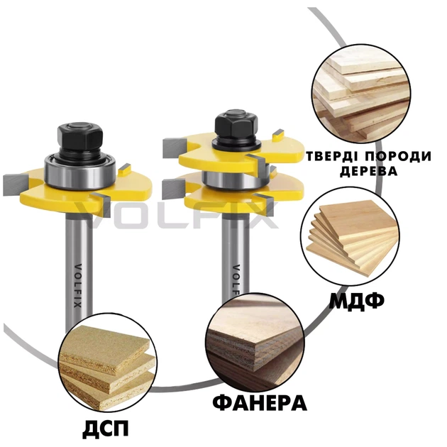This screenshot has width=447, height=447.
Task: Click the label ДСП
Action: click(106, 429)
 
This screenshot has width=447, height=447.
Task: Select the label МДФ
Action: click(357, 302)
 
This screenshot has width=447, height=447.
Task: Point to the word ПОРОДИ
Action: click(398, 157)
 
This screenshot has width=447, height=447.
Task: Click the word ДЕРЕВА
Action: click(369, 171)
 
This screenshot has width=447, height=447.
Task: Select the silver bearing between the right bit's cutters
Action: click(236, 180)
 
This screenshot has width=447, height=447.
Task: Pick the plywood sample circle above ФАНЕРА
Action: click(255, 342)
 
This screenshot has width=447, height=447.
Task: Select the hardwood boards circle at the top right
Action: click(361, 94)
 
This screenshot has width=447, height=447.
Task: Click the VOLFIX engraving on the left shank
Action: click(77, 286)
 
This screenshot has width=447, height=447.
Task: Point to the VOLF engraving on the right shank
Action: click(236, 280)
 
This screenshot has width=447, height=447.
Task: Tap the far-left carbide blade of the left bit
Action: click(16, 184)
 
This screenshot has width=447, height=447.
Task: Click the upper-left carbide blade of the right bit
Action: click(175, 148)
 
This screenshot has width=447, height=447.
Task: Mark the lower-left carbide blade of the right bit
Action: click(175, 189)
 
